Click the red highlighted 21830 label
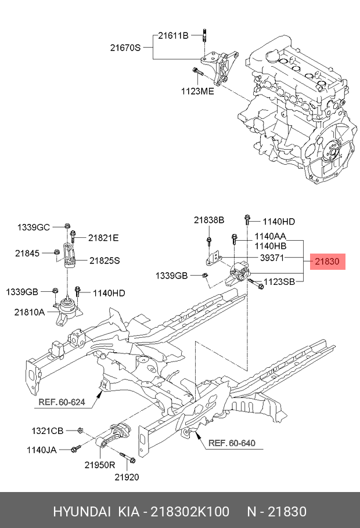click(327, 262)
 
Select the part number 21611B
click(174, 36)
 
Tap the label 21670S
click(125, 48)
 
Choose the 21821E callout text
click(103, 237)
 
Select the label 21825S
click(104, 261)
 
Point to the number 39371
click(272, 257)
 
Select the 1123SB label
click(280, 283)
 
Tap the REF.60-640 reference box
click(231, 444)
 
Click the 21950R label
click(100, 465)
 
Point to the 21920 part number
click(126, 477)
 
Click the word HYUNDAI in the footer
click(82, 512)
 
